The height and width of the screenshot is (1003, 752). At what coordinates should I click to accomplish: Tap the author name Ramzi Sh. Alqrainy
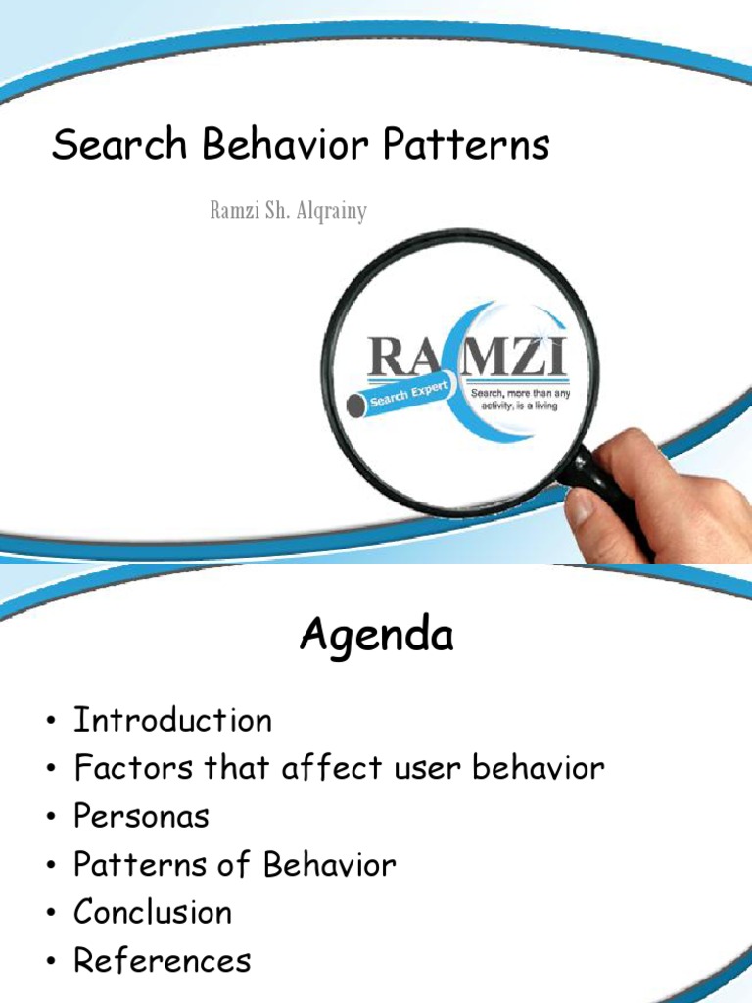[289, 211]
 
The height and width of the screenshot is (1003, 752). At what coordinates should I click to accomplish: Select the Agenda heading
[376, 637]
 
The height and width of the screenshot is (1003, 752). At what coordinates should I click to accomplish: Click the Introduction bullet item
[173, 721]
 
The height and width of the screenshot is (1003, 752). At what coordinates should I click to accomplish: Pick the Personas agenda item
[142, 816]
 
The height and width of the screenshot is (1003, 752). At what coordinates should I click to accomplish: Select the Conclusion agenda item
[153, 912]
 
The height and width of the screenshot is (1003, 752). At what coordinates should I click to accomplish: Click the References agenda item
[163, 960]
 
